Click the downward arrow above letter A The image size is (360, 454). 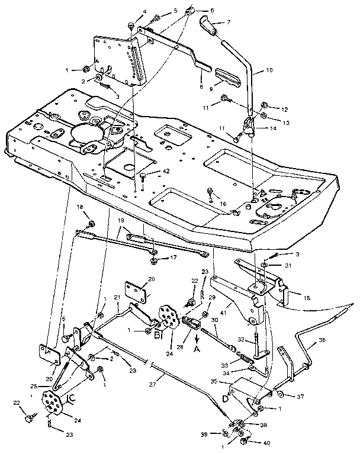[197, 338]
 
